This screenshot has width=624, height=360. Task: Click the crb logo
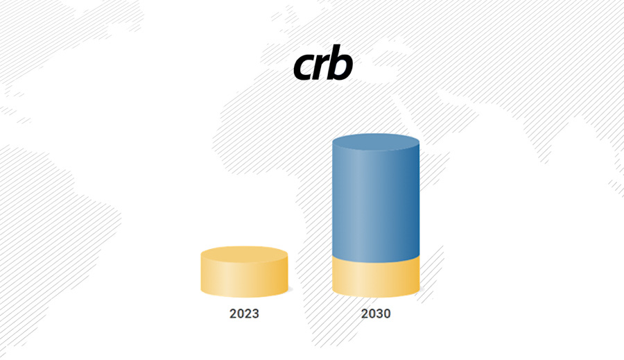[x=322, y=62]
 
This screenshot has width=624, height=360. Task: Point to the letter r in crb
[x=322, y=66]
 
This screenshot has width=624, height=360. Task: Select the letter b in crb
[x=341, y=62]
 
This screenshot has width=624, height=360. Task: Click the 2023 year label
[x=244, y=314]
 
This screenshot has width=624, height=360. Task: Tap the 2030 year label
[x=376, y=314]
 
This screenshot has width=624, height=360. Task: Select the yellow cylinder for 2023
[x=244, y=272]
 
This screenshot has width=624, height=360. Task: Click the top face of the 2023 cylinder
[x=244, y=255]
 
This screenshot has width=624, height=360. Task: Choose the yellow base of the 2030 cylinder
[x=376, y=279]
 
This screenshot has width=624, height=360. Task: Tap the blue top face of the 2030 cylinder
[x=376, y=142]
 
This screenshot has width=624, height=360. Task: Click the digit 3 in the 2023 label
[x=255, y=314]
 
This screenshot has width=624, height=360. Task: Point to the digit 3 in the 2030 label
[x=379, y=314]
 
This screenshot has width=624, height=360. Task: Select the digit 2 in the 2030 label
[x=365, y=314]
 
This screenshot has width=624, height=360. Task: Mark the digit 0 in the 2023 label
[x=241, y=314]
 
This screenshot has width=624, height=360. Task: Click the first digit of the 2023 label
[x=233, y=314]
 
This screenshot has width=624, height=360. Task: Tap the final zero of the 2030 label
[x=387, y=314]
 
